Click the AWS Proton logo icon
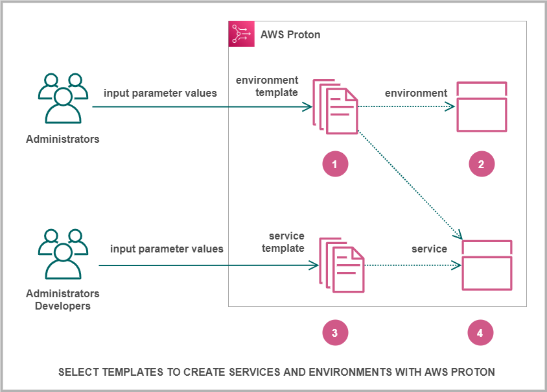[242, 34]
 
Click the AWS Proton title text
[290, 34]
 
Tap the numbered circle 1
[335, 164]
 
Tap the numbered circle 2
[482, 164]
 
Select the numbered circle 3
[335, 333]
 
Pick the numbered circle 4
[480, 333]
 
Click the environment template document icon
[336, 106]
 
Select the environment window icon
[482, 107]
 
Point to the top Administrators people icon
[63, 98]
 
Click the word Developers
[63, 306]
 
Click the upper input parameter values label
[160, 93]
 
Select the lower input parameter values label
[167, 249]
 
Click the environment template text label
[267, 86]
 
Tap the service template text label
[286, 242]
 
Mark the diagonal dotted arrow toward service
[410, 184]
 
